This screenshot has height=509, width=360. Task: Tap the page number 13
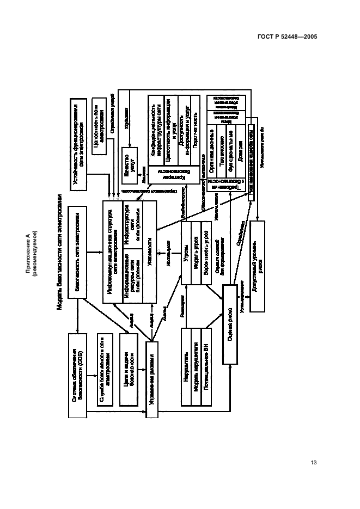[x=313, y=463]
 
